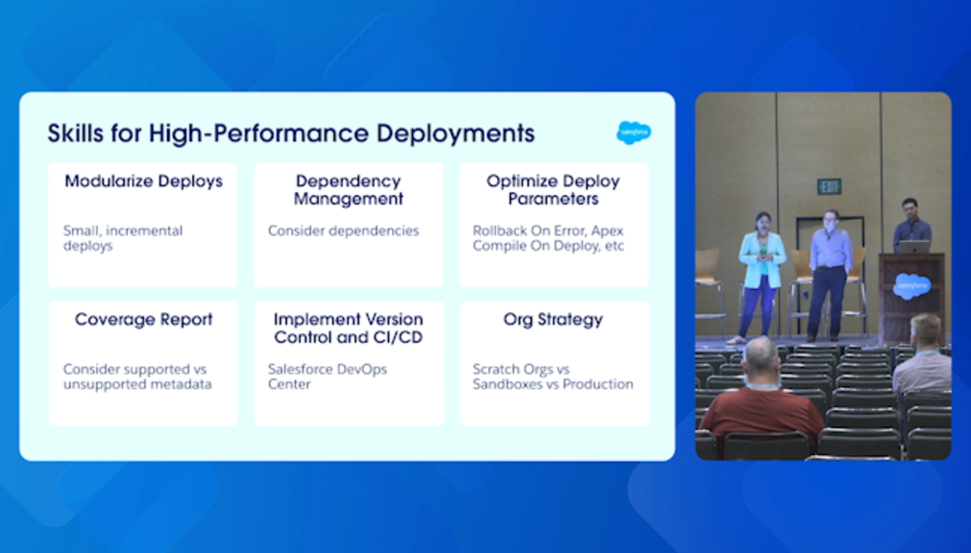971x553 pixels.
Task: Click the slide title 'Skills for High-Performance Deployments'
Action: (291, 133)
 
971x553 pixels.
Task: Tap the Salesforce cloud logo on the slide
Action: (634, 132)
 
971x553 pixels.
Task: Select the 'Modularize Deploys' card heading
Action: (144, 181)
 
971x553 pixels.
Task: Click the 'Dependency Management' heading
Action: (348, 190)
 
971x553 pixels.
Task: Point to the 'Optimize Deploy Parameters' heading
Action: (553, 190)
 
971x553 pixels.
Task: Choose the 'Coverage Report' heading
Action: (144, 320)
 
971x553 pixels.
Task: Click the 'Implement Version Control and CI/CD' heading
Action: (348, 328)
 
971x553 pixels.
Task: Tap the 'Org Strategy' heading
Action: (553, 320)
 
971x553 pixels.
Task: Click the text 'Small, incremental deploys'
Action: (123, 238)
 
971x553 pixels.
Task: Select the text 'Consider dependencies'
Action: (344, 231)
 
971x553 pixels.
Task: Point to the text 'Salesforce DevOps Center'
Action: (327, 376)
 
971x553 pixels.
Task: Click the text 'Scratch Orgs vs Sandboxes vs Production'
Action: (553, 376)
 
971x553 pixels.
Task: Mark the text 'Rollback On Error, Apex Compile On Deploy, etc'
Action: (548, 238)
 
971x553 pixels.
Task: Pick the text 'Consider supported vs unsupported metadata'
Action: (137, 376)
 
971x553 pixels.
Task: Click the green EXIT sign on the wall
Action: (829, 186)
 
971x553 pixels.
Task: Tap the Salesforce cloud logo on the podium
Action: (910, 286)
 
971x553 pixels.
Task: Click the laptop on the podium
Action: (915, 247)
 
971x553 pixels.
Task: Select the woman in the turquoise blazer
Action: (761, 276)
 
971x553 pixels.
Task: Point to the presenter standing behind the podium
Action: (910, 226)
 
